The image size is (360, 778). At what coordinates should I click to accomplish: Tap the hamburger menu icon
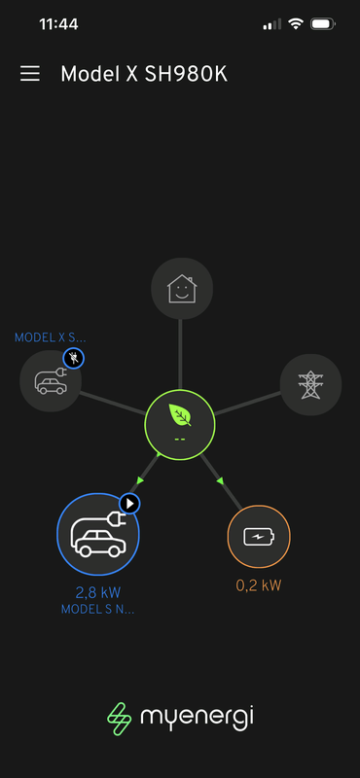(x=30, y=74)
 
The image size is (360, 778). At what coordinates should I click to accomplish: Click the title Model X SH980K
(x=144, y=74)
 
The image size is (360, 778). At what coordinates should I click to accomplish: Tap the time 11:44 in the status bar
(x=58, y=23)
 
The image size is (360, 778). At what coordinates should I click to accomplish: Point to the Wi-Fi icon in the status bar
(x=296, y=23)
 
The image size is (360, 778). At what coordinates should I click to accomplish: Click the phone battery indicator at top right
(x=325, y=23)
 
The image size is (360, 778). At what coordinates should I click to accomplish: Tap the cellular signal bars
(x=272, y=23)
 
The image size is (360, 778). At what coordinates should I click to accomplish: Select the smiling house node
(x=181, y=289)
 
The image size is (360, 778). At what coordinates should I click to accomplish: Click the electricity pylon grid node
(x=310, y=384)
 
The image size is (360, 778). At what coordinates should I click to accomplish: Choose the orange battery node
(x=258, y=536)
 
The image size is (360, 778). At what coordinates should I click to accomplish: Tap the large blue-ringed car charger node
(x=97, y=535)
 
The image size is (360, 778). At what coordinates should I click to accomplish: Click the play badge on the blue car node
(x=130, y=503)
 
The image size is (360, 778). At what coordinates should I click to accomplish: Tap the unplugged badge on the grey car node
(x=74, y=359)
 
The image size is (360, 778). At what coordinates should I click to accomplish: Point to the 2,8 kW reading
(x=97, y=591)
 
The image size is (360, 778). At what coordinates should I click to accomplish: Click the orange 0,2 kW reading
(x=258, y=585)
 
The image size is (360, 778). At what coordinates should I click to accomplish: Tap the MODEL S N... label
(x=97, y=609)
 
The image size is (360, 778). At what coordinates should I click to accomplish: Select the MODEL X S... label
(x=50, y=337)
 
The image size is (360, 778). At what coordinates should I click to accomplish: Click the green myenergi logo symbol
(x=119, y=718)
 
